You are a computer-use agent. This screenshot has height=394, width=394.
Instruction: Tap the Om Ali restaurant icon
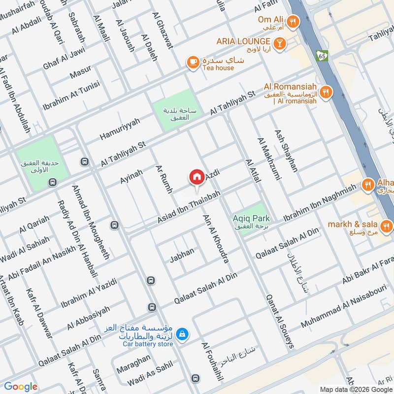[x=293, y=21]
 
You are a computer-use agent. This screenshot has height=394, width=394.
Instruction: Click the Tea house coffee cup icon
[x=192, y=62]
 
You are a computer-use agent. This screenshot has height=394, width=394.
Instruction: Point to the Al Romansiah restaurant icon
[x=326, y=92]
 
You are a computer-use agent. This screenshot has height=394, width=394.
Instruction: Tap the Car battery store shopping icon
[x=182, y=334]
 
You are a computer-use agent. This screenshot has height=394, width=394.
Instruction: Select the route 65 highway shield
[x=323, y=57]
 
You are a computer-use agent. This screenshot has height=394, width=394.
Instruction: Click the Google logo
[x=21, y=387]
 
